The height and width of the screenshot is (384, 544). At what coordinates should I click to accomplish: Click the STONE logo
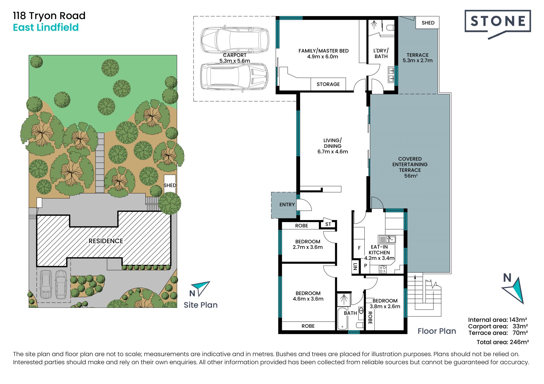pyautogui.click(x=498, y=24)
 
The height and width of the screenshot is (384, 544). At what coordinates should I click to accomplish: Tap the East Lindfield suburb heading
pyautogui.click(x=46, y=27)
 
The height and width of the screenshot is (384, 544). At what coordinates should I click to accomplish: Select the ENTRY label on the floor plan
pyautogui.click(x=287, y=204)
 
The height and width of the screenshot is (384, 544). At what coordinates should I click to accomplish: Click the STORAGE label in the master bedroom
pyautogui.click(x=328, y=84)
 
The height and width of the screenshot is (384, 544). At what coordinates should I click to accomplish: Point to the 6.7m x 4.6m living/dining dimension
pyautogui.click(x=333, y=152)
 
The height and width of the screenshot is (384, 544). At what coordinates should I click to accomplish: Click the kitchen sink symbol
pyautogui.click(x=387, y=239)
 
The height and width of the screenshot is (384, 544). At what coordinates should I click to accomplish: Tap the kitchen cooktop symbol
pyautogui.click(x=383, y=269)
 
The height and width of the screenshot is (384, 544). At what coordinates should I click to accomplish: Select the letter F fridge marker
pyautogui.click(x=359, y=248)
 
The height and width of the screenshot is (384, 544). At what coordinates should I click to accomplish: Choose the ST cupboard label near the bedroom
pyautogui.click(x=328, y=224)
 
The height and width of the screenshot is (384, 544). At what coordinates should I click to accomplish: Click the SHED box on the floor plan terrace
pyautogui.click(x=428, y=23)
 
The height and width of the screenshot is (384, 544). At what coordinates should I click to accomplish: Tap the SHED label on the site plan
pyautogui.click(x=170, y=185)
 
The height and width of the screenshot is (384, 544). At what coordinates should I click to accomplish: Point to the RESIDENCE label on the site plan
pyautogui.click(x=106, y=241)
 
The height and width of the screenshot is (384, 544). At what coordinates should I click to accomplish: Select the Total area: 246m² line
pyautogui.click(x=503, y=342)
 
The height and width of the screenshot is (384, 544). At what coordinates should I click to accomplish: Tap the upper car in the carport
pyautogui.click(x=235, y=39)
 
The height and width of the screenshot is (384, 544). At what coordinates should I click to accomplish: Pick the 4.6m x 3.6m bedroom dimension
pyautogui.click(x=308, y=299)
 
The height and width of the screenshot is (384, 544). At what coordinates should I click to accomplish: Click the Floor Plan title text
pyautogui.click(x=437, y=331)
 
